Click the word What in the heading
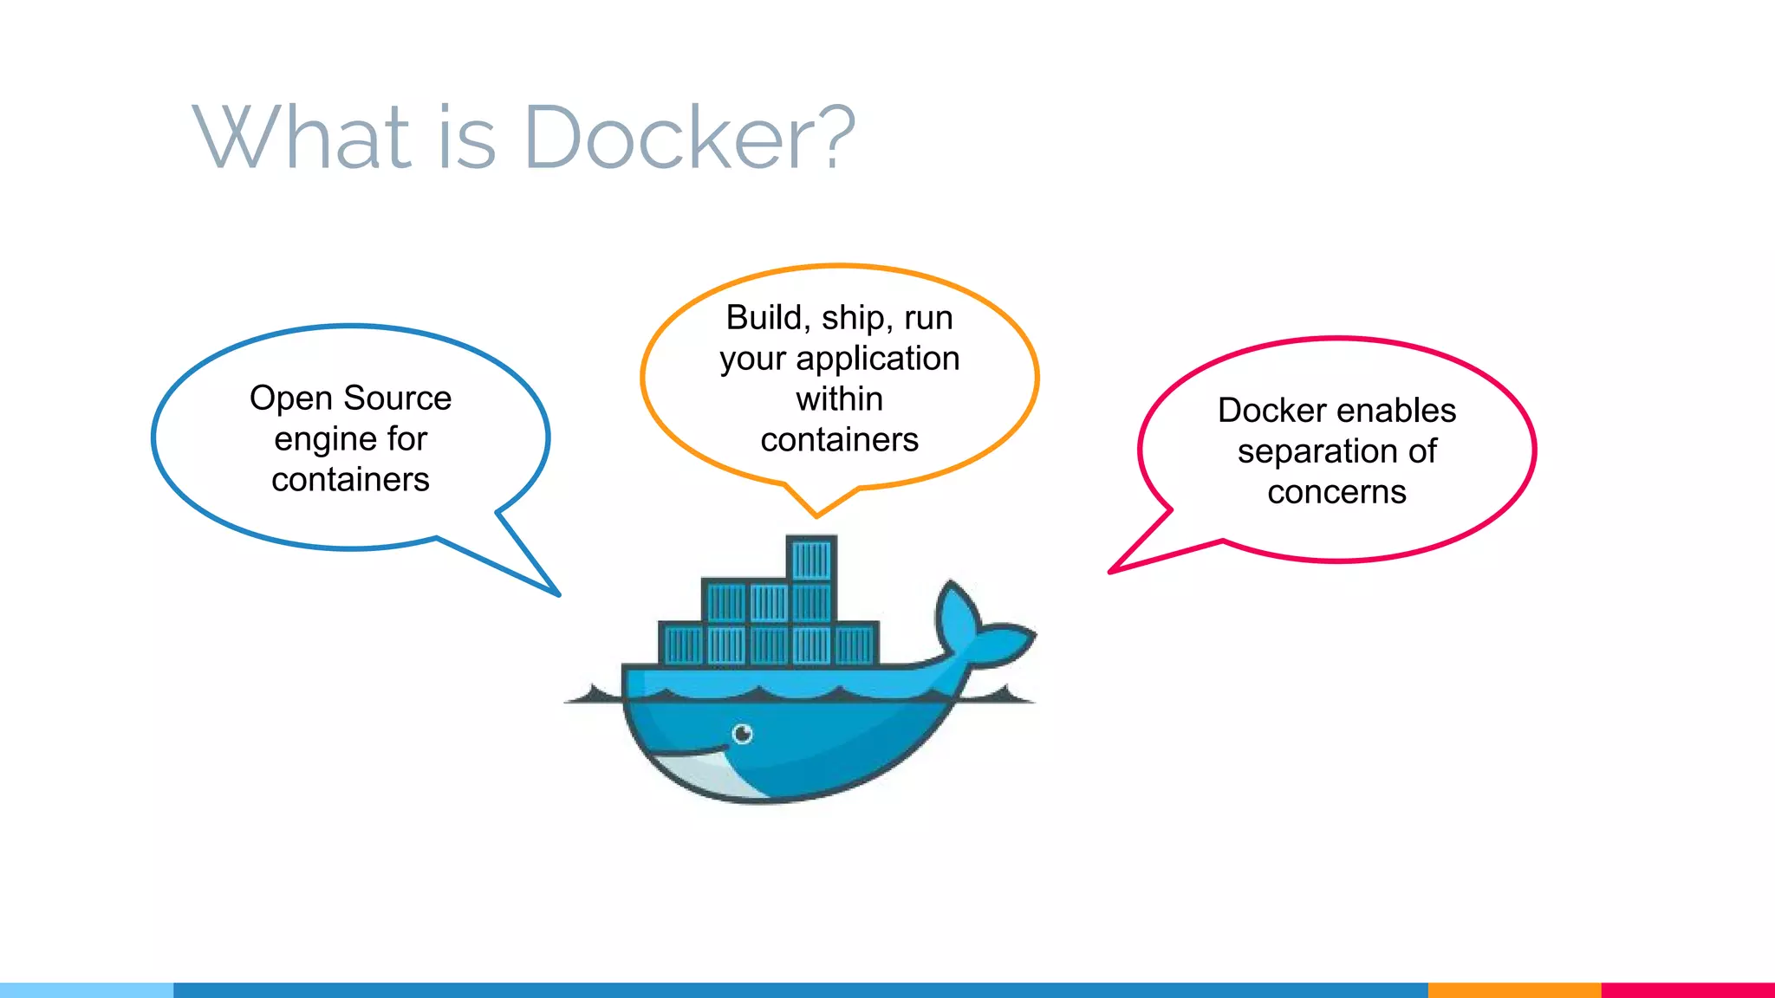pyautogui.click(x=300, y=137)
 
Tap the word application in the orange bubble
pyautogui.click(x=877, y=359)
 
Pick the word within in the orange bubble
pyautogui.click(x=839, y=399)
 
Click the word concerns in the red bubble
pyautogui.click(x=1336, y=492)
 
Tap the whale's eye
pyautogui.click(x=743, y=735)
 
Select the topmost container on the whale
pyautogui.click(x=811, y=559)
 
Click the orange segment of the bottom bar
pyautogui.click(x=1514, y=990)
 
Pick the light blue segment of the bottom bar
pyautogui.click(x=87, y=990)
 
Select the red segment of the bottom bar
pyautogui.click(x=1687, y=990)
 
